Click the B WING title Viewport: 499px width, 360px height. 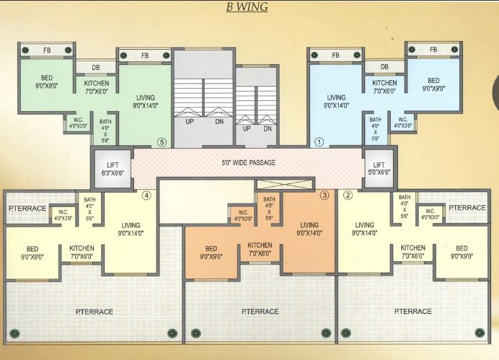click(247, 6)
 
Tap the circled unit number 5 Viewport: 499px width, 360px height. click(162, 142)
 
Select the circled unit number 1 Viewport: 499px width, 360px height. click(319, 142)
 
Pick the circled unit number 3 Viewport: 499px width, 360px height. click(324, 195)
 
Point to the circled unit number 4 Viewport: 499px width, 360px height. click(146, 196)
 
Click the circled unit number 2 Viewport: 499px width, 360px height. click(348, 195)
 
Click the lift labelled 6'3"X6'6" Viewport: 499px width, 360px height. click(112, 169)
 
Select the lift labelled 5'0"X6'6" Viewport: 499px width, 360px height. click(379, 169)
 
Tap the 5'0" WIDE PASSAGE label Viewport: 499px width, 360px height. click(249, 162)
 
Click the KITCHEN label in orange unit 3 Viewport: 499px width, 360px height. click(260, 245)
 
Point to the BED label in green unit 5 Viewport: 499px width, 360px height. click(47, 78)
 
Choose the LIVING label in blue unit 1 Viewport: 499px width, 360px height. click(336, 97)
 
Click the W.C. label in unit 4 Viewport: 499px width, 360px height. click(63, 212)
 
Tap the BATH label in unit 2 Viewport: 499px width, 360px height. click(405, 198)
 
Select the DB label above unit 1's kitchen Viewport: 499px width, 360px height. click(384, 67)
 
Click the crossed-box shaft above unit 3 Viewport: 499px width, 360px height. click(284, 184)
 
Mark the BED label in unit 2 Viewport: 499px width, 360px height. click(462, 248)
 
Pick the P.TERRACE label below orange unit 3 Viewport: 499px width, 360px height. click(260, 311)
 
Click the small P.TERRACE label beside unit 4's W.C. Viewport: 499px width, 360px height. click(27, 208)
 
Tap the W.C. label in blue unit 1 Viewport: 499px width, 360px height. click(403, 120)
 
